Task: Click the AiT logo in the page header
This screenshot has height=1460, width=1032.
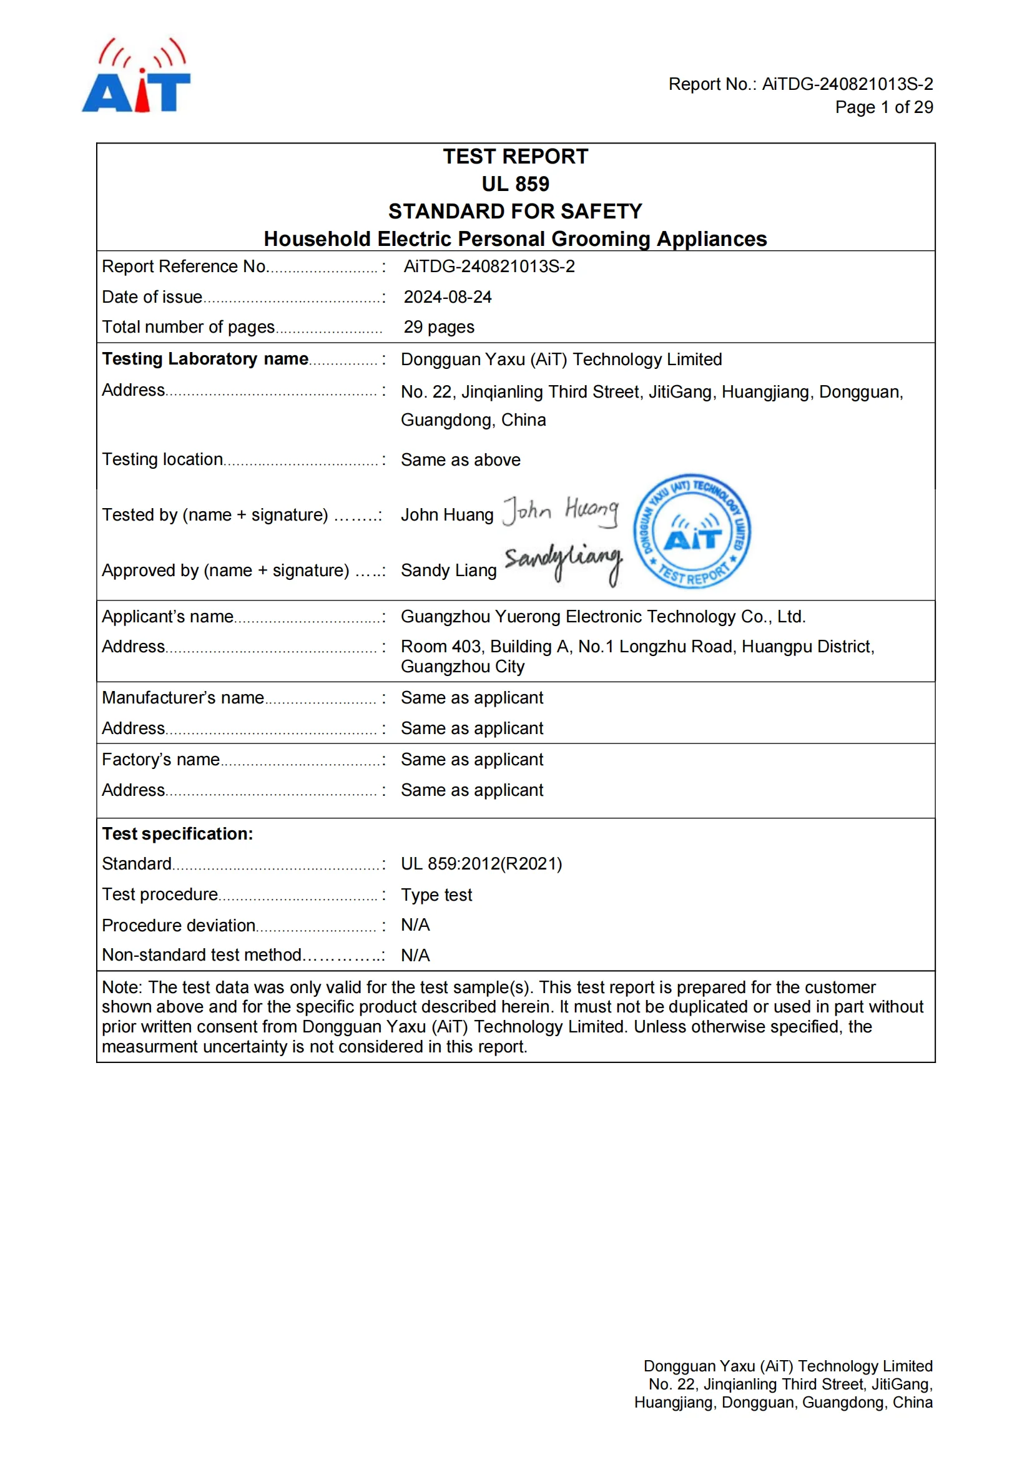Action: pos(136,76)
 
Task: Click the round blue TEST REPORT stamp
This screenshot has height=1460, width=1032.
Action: pos(692,531)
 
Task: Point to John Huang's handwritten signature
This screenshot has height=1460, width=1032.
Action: pos(560,511)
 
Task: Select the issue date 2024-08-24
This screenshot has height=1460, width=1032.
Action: pos(448,297)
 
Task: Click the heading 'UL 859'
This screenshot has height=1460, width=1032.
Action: pos(515,184)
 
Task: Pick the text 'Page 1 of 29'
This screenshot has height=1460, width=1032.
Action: pos(884,107)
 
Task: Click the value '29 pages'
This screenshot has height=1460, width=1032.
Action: pos(439,327)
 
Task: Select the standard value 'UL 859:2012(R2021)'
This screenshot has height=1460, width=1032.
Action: pos(481,863)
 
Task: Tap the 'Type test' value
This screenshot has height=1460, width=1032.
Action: pos(436,894)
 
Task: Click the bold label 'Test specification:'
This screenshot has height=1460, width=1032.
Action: pos(177,834)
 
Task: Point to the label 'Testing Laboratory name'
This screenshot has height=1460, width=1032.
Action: pos(205,360)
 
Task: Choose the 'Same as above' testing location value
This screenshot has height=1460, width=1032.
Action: pos(460,460)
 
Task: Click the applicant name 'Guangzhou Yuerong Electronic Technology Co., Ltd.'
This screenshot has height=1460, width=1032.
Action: pos(603,616)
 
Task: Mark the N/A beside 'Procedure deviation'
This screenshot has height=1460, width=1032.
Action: pos(415,924)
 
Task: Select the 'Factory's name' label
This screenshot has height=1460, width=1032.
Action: pos(161,759)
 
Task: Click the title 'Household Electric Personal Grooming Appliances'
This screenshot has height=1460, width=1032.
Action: pos(515,239)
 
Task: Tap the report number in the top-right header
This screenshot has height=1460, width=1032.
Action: pos(847,84)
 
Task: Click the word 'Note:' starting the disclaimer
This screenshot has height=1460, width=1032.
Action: pos(123,987)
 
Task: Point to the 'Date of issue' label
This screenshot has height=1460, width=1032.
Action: pos(152,297)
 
